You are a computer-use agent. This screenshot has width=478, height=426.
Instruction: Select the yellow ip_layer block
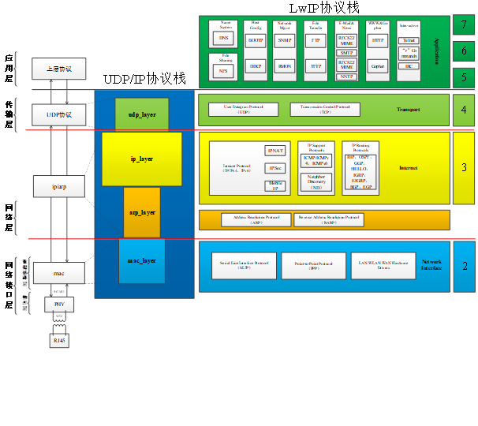142,159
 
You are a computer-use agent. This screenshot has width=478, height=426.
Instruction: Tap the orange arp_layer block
142,212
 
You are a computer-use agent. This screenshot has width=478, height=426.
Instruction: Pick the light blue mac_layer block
142,261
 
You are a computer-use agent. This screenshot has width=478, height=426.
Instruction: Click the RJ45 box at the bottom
58,341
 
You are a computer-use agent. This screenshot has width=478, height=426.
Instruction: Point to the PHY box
58,303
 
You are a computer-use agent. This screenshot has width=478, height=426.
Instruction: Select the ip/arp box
58,186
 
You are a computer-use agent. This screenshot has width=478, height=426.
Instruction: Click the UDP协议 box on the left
58,114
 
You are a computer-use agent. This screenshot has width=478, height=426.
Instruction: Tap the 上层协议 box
58,69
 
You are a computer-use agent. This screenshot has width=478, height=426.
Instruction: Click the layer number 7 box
464,25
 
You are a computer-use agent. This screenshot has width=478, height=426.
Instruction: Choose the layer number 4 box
464,110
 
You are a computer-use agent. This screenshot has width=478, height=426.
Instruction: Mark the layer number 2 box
464,267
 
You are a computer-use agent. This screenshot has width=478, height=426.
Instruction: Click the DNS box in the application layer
223,38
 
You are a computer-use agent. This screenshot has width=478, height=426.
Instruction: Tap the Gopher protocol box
379,66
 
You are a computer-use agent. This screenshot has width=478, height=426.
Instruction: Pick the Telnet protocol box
409,39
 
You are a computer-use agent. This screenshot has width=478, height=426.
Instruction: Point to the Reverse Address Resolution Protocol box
328,219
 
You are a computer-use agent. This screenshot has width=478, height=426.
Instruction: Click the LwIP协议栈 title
323,8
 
